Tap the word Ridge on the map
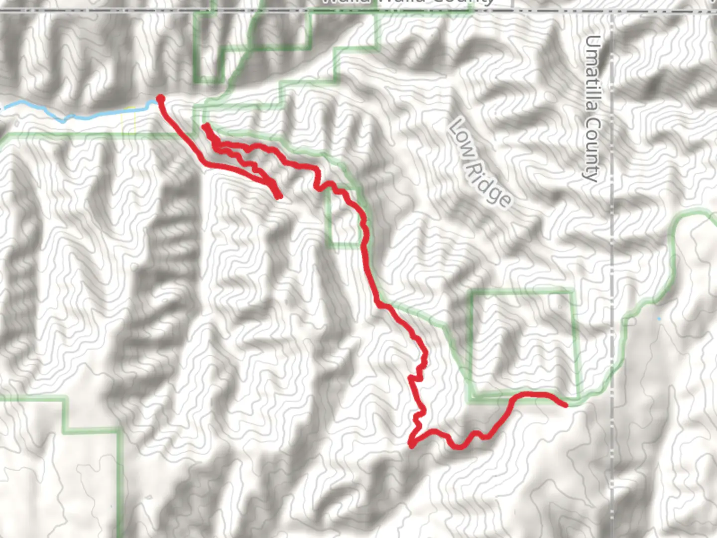tap(487, 183)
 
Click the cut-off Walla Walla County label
tap(408, 2)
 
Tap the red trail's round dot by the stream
tap(160, 99)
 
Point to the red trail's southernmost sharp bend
tap(411, 444)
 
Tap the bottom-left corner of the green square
tap(471, 399)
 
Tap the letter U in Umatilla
tap(593, 42)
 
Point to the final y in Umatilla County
tap(591, 175)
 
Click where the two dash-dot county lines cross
tap(612, 11)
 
